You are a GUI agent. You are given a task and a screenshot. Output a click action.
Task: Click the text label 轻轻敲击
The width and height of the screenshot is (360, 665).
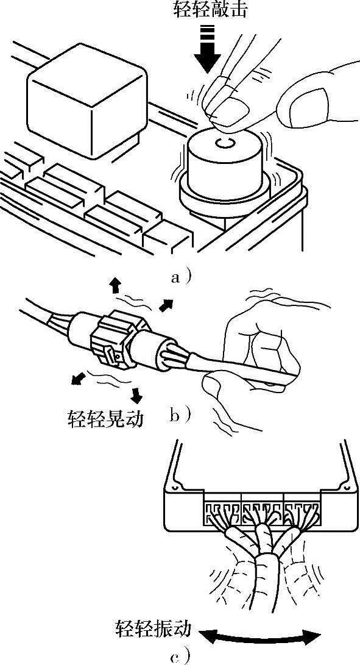click(x=210, y=9)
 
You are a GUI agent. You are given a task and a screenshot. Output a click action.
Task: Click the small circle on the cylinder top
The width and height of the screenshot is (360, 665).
click(x=224, y=143)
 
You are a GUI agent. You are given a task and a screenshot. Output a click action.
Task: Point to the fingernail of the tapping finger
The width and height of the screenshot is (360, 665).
click(x=231, y=111)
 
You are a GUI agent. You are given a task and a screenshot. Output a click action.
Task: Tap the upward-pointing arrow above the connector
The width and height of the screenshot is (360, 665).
click(x=115, y=286)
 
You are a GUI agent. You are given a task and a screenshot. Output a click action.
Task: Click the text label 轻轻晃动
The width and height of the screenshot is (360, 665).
click(x=105, y=419)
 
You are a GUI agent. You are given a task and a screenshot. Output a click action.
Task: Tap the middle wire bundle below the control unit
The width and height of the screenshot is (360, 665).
click(x=266, y=560)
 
